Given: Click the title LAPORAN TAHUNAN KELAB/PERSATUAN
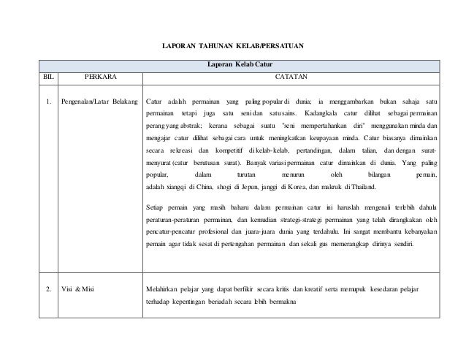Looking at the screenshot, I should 232,47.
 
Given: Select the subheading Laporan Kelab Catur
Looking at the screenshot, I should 232,64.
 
